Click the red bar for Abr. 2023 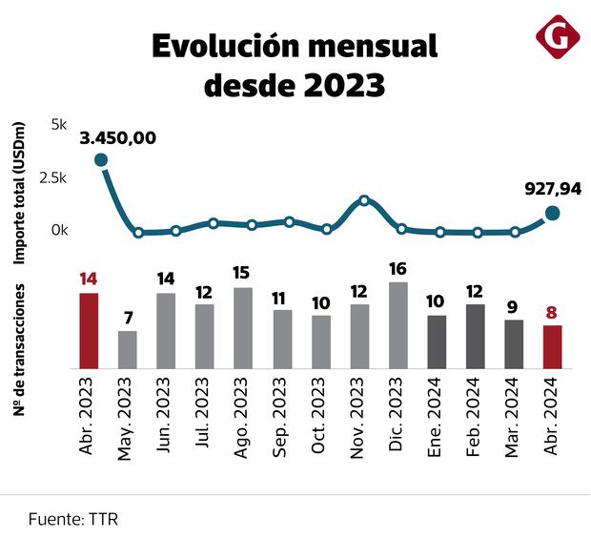coord(89,330)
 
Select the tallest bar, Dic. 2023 coord(397,324)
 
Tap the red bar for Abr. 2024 coord(552,346)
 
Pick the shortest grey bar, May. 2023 coord(127,349)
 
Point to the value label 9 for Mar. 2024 coord(513,307)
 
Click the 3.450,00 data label coord(117,137)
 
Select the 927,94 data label coord(553,189)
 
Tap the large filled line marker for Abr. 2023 coord(100,160)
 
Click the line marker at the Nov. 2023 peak coord(364,200)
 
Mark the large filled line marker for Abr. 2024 coord(552,213)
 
